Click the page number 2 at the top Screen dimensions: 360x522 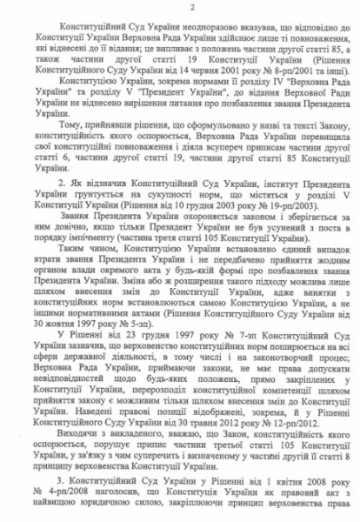[180, 7]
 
